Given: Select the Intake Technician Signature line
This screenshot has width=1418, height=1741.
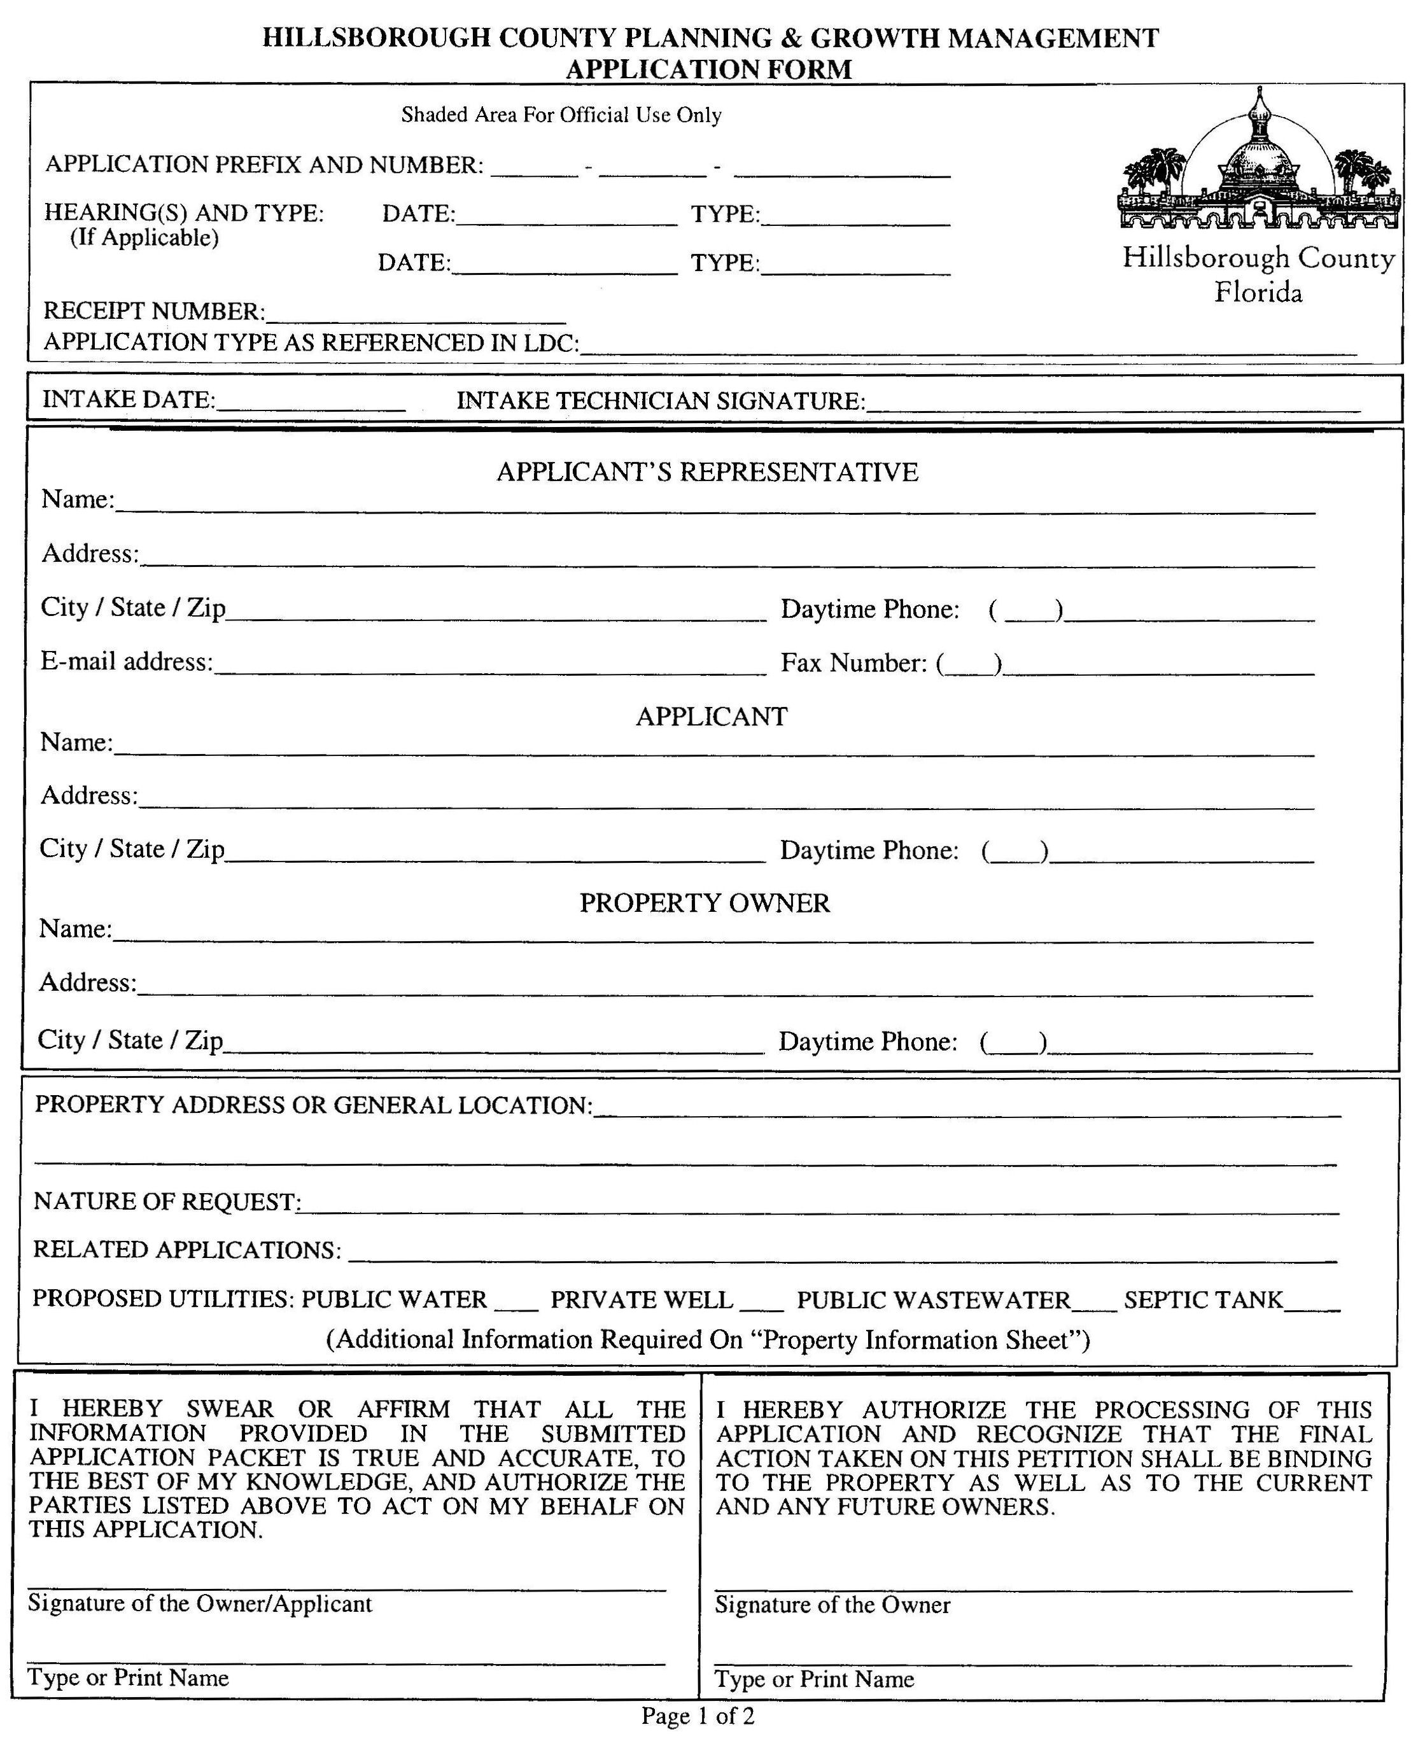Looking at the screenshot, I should pos(1113,403).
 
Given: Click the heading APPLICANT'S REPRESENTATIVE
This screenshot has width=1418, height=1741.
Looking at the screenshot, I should pos(707,472).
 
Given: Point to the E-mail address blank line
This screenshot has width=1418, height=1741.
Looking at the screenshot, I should pos(490,666).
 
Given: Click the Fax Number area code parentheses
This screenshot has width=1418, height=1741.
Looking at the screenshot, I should pos(969,664).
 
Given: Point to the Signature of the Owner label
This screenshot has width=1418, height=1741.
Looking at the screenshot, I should pos(832,1605).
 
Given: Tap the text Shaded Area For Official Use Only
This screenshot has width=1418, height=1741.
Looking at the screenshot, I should pos(561,115).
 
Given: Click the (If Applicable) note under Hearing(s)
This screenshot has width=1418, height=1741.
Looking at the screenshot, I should pos(144,237).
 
